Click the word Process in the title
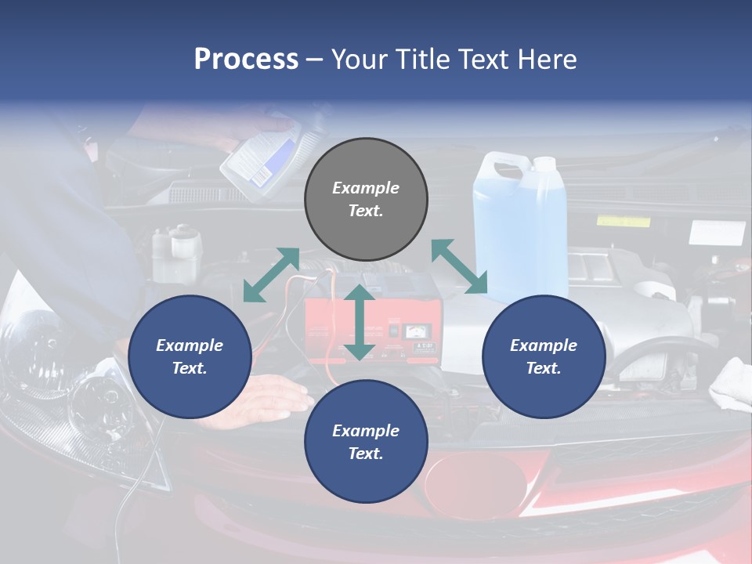pos(246,60)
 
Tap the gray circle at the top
pos(366,200)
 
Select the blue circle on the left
pos(190,356)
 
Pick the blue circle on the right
pos(544,356)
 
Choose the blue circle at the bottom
pos(366,442)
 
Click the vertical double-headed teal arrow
pos(360,322)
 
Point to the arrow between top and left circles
pos(271,274)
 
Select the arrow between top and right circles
pos(460,266)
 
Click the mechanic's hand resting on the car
pos(270,396)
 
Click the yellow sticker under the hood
pos(623,222)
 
